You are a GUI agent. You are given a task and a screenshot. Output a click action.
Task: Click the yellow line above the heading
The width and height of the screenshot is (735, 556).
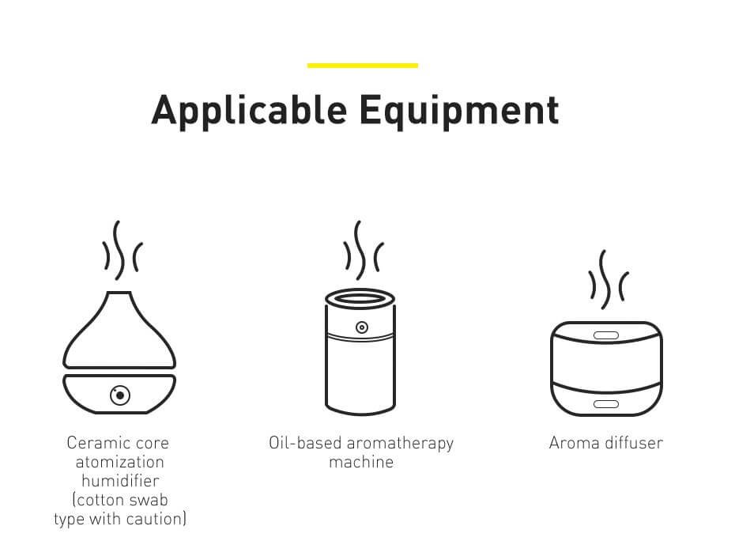point(362,66)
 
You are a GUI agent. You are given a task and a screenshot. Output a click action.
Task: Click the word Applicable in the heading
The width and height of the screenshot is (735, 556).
point(250,111)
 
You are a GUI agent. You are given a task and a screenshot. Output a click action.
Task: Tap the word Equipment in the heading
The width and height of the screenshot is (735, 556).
point(459,111)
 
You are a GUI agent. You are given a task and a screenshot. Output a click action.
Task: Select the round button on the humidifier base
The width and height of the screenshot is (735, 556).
point(120,395)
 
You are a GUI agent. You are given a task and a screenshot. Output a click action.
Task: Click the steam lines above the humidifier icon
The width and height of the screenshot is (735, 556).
point(122,251)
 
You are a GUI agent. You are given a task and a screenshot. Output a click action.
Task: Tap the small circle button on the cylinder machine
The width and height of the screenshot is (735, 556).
point(361,327)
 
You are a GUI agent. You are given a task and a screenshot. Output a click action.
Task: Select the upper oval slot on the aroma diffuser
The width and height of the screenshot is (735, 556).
point(606,335)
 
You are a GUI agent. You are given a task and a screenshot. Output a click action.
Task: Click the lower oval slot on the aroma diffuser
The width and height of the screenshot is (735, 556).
point(606,404)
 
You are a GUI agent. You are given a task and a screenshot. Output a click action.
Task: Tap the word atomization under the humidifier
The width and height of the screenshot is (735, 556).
point(120,462)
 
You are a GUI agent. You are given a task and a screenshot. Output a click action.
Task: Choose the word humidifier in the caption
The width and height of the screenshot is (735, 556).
point(120,481)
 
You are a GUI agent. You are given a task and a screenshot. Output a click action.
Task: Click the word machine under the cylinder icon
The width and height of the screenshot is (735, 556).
point(361,462)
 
